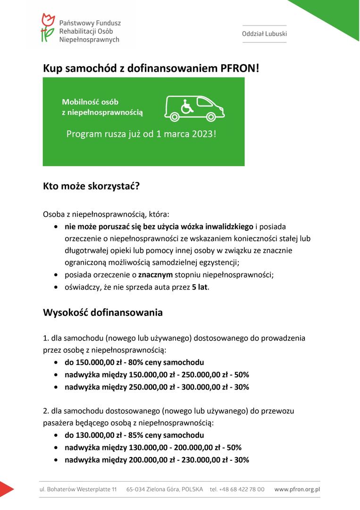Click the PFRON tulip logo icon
48,28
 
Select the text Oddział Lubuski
264,34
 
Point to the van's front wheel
211,116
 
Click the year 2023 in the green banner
203,134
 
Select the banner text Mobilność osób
90,102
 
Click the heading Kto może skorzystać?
92,186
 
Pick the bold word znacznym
155,275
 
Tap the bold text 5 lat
200,287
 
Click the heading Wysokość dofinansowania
103,313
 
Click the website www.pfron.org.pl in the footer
297,489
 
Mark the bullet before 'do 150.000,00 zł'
56,363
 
